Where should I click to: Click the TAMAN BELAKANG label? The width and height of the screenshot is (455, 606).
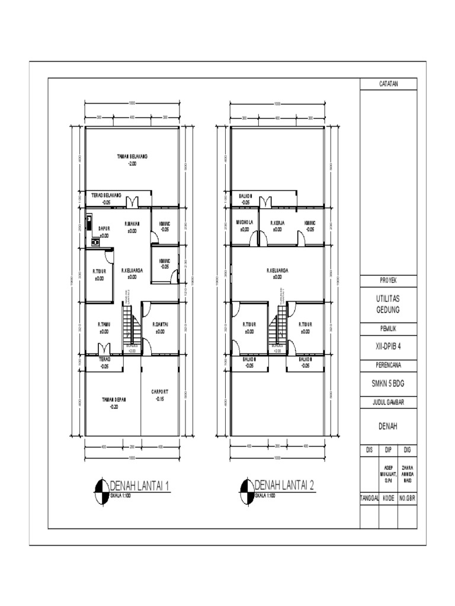pos(132,156)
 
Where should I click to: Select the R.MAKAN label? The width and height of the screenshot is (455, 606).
pos(132,224)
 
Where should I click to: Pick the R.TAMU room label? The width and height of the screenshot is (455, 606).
pos(104,324)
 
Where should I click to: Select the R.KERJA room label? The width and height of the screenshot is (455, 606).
pos(277,224)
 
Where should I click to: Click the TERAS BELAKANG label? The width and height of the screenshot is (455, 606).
pos(105,195)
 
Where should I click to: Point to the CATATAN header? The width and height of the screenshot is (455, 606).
pos(389,84)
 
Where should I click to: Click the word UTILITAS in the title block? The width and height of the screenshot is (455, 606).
pos(389,300)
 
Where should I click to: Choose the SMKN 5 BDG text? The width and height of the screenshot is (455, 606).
pos(389,383)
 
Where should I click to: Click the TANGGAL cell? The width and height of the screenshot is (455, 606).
pos(369,499)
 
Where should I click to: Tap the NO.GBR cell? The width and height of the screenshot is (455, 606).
pos(408,499)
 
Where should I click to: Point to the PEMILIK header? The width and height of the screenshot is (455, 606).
pos(389,327)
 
